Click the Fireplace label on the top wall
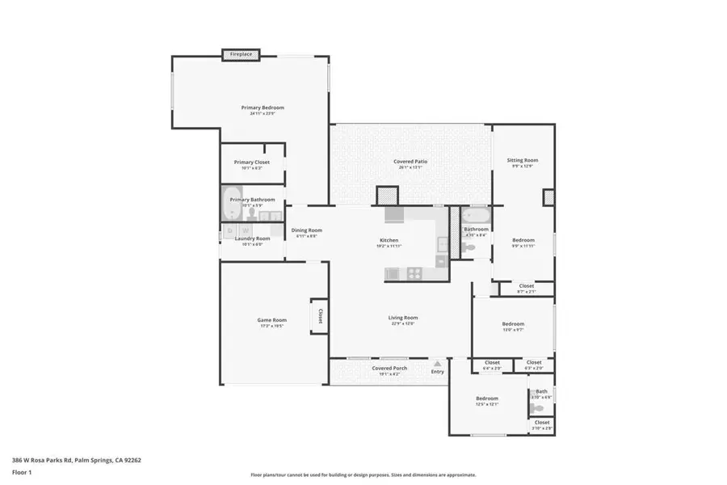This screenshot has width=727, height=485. point(241,54)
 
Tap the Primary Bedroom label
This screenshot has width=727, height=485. point(263,108)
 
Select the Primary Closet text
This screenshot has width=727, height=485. point(252,162)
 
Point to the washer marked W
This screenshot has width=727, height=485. point(243,232)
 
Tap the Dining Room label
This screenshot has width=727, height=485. point(306,230)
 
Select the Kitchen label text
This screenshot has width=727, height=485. point(389,240)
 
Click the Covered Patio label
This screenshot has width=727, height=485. point(410,162)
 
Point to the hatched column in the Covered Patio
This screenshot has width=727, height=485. point(388,196)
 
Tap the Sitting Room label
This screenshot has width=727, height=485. point(523,160)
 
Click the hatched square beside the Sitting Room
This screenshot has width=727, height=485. point(549,197)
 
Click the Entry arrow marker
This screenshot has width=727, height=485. point(437,365)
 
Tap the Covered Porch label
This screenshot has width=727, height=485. point(389,369)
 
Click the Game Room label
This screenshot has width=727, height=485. point(271,320)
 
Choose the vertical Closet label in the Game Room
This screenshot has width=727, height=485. point(320,315)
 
